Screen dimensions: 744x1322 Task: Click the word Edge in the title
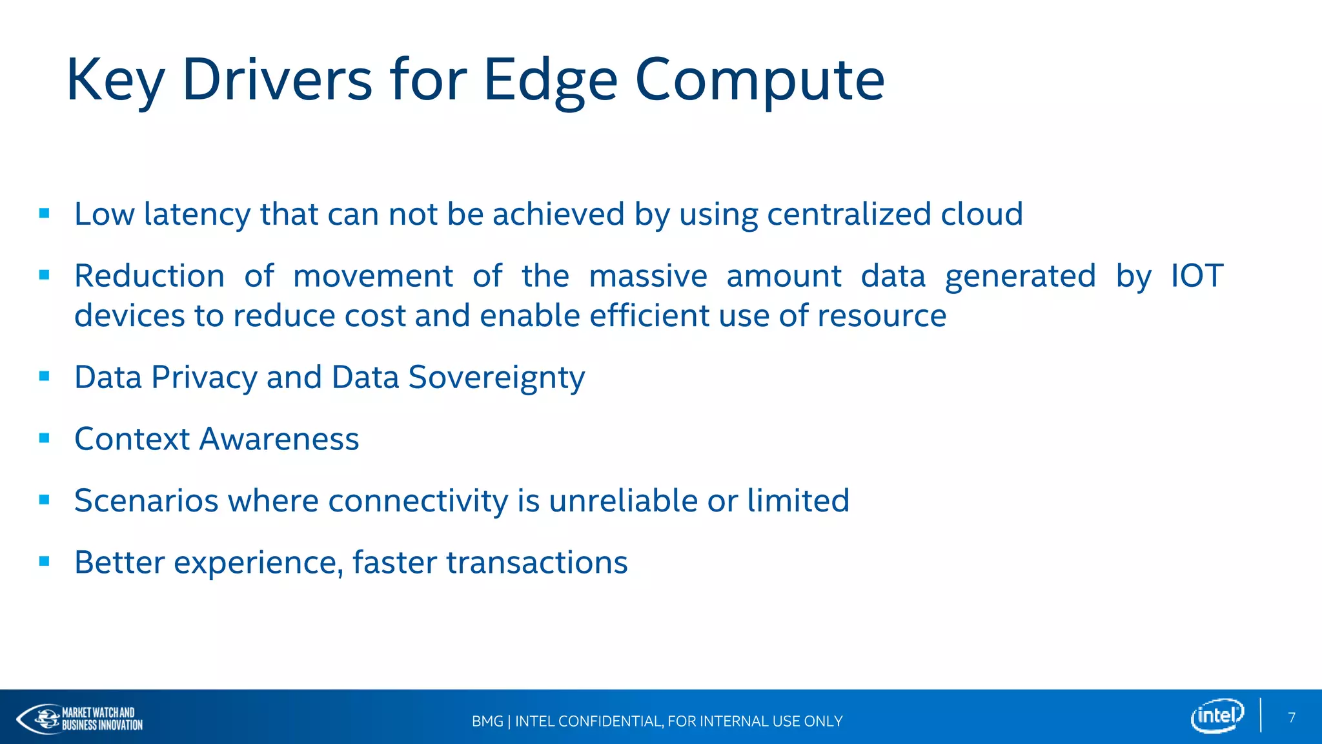[550, 80]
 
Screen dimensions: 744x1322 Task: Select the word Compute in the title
[760, 80]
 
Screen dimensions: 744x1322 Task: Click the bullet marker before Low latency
[45, 214]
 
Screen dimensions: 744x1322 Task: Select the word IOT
[1197, 276]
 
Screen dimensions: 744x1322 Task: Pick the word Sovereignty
[496, 378]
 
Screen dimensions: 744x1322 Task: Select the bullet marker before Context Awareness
[45, 439]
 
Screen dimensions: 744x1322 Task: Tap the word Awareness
[279, 439]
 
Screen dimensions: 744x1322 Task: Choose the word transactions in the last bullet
[536, 563]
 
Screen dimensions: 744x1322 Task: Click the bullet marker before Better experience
[45, 562]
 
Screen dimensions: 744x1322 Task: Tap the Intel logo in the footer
[1217, 716]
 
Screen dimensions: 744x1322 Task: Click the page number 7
[1292, 718]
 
